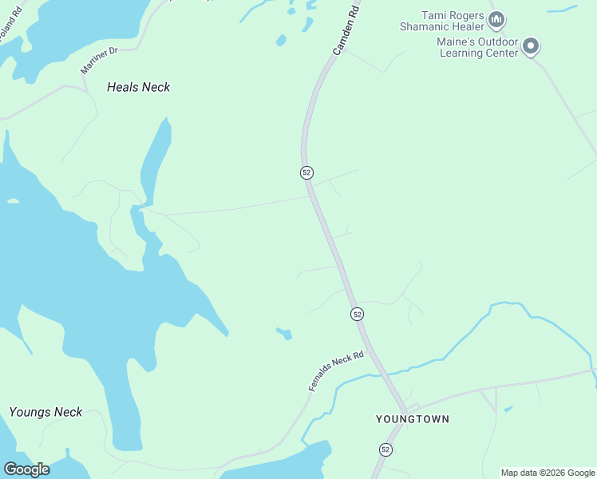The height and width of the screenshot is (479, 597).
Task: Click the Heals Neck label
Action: point(138,87)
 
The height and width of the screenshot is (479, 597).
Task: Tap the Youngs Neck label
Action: point(45,412)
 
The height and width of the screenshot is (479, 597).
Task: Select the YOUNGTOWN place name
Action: point(413,419)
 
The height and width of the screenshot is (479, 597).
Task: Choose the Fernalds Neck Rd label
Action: point(336,371)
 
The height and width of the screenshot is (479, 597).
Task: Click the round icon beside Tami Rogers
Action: point(496,18)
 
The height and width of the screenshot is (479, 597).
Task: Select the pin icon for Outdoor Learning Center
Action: point(532,47)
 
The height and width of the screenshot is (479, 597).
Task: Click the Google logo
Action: point(26,469)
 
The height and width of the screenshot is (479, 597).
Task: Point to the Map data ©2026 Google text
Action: point(548,473)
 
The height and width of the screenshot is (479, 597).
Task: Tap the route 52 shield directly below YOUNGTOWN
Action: point(385,449)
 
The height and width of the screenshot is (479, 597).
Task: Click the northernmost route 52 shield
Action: point(306,172)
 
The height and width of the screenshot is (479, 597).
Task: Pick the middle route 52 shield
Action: point(357,314)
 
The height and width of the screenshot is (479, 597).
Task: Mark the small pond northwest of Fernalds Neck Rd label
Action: point(284,333)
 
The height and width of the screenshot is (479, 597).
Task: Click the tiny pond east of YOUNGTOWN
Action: point(508,409)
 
